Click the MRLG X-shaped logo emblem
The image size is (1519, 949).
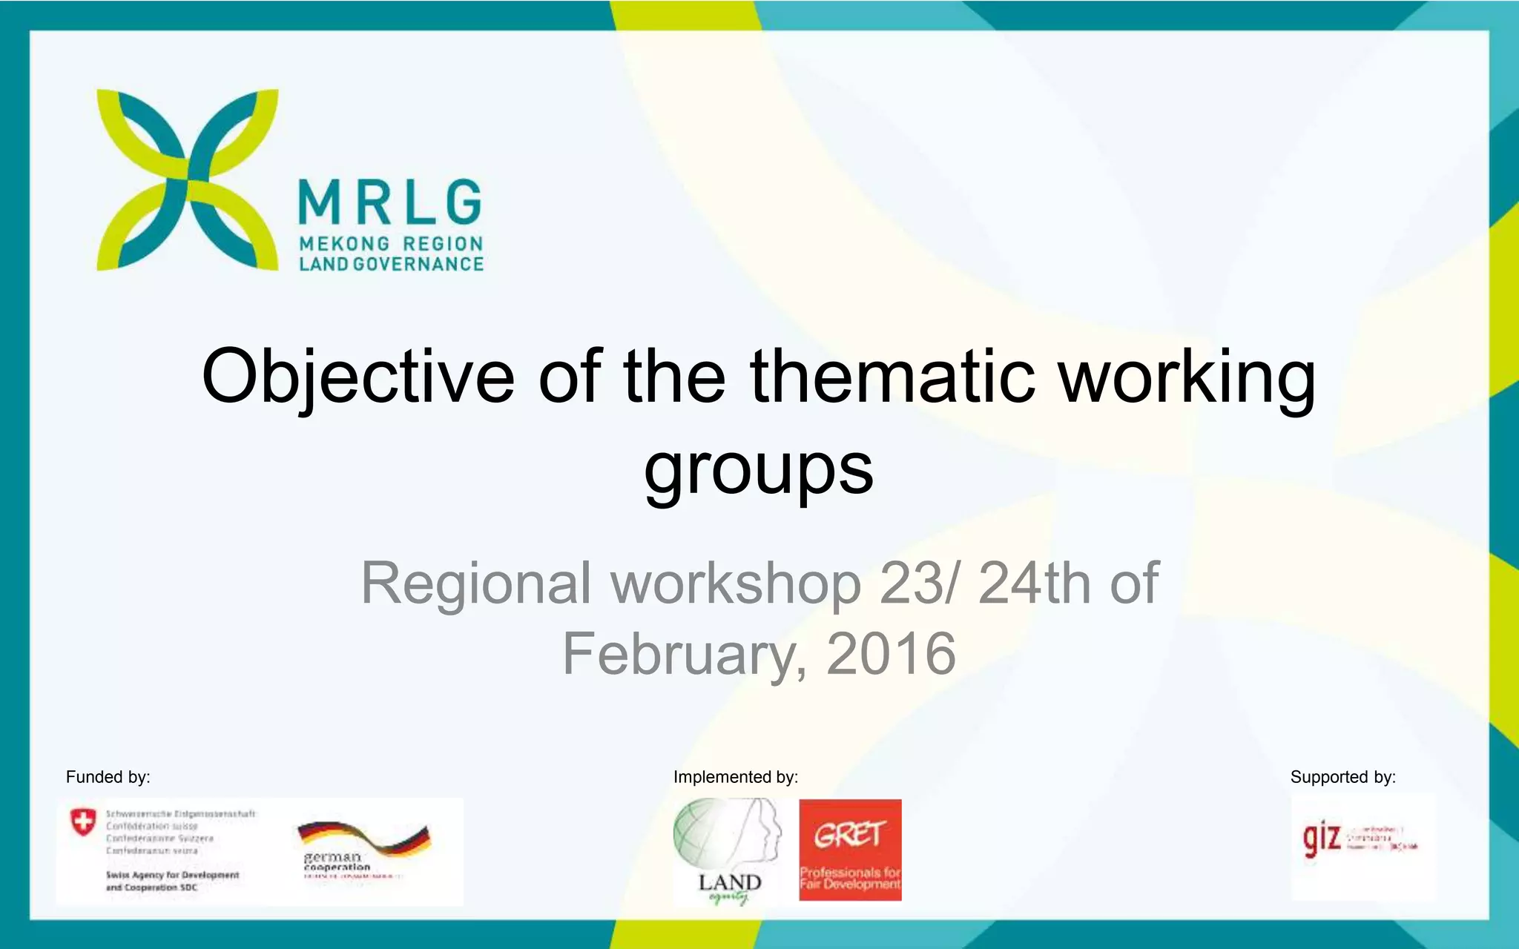pos(188,179)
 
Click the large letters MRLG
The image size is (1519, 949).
pos(390,202)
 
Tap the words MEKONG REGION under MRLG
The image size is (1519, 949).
pos(391,244)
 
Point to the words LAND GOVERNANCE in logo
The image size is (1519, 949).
pos(391,264)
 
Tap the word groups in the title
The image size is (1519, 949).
pos(759,469)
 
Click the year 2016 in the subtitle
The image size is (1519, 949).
pos(891,654)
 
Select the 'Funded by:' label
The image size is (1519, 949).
pos(108,777)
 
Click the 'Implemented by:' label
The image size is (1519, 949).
pos(736,777)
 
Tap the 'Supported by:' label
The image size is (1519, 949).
pos(1342,777)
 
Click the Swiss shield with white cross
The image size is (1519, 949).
pos(83,822)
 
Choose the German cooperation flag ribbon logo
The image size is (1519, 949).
pos(363,845)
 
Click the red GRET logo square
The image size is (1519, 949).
pos(850,850)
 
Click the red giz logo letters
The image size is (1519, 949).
pos(1322,839)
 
